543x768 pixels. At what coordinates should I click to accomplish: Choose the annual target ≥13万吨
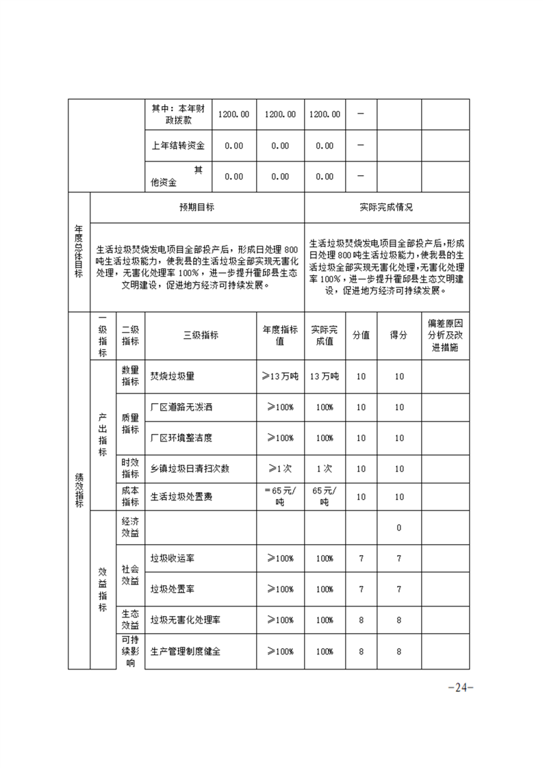280,376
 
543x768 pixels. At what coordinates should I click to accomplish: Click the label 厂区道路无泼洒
181,407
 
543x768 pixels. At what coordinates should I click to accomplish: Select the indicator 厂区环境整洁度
181,438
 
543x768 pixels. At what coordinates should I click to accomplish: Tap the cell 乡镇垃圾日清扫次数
190,469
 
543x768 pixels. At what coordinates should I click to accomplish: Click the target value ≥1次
280,469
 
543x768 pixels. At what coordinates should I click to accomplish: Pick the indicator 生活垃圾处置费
181,497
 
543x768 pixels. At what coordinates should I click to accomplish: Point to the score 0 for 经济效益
399,528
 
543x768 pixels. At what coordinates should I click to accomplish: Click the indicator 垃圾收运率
173,559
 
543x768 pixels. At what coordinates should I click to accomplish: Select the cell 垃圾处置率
173,589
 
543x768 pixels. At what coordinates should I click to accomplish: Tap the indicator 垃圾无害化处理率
186,619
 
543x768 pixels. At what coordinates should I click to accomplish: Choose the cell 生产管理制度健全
186,652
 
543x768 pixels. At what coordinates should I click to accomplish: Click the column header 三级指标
201,335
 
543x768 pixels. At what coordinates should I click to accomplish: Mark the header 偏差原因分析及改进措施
446,335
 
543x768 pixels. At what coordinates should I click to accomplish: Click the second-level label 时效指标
130,469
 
